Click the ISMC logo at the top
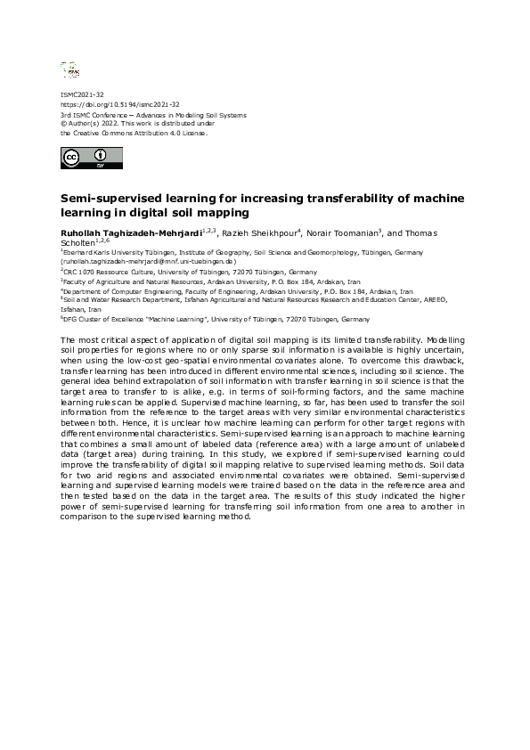coord(69,69)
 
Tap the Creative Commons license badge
coord(79,158)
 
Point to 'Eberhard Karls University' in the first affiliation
coord(98,253)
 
